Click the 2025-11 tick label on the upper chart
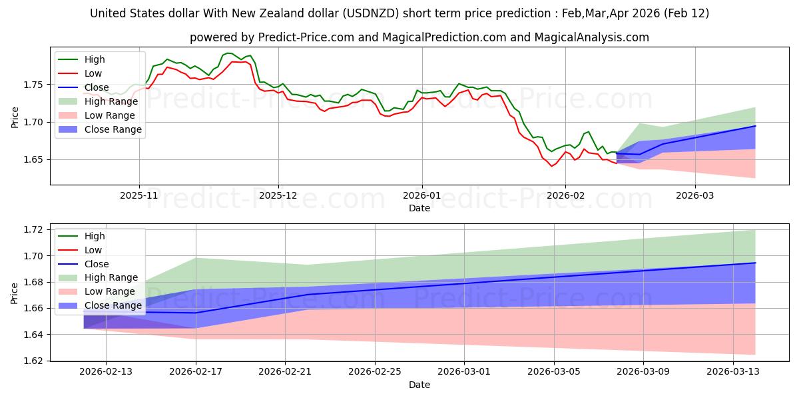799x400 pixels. (x=139, y=197)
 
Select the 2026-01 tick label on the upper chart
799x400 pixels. (x=421, y=197)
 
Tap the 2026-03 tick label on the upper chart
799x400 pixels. (x=695, y=197)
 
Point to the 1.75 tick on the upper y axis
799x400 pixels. (x=33, y=85)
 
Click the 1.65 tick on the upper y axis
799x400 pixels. (x=33, y=159)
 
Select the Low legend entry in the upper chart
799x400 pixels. (x=94, y=73)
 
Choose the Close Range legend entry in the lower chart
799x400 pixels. (x=113, y=305)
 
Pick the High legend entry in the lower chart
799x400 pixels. (x=95, y=236)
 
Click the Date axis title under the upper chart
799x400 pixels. (x=419, y=209)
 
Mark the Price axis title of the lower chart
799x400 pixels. (x=15, y=293)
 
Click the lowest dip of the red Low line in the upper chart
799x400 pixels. (x=551, y=165)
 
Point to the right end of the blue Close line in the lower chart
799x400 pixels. (x=755, y=263)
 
